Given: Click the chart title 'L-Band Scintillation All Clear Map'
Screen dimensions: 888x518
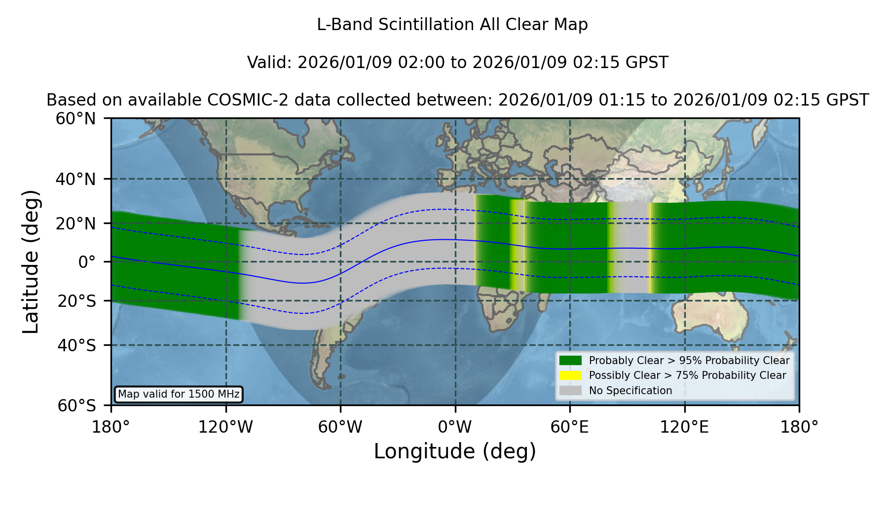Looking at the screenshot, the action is click(452, 25).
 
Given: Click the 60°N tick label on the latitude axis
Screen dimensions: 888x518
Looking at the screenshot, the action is click(75, 119).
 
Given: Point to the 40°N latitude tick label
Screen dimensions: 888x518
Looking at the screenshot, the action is click(75, 179).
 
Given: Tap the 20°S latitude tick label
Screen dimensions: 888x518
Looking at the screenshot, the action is click(76, 301).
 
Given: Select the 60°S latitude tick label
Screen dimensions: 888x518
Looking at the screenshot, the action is click(76, 406).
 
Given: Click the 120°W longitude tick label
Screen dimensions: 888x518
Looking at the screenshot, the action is click(225, 427).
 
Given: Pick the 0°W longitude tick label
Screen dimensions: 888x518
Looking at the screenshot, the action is click(455, 427).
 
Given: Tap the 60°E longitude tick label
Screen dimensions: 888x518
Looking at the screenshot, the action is click(570, 427).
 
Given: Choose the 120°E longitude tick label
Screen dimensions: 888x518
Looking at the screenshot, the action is click(684, 427).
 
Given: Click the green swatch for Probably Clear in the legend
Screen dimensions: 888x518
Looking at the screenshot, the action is click(570, 361).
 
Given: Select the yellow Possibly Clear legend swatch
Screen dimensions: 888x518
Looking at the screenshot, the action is click(570, 375).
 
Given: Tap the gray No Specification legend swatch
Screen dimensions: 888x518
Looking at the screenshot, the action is click(570, 391).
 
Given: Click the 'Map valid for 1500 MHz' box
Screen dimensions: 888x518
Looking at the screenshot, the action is click(179, 394).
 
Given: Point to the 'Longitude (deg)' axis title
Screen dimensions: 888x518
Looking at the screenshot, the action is click(455, 452).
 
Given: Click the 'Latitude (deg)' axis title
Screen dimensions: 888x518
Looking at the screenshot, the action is click(31, 261).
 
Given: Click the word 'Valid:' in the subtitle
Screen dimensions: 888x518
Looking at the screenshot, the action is click(270, 63).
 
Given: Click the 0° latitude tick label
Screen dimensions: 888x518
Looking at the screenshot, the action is click(87, 262).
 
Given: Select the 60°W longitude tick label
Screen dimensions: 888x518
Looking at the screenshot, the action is click(340, 427).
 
